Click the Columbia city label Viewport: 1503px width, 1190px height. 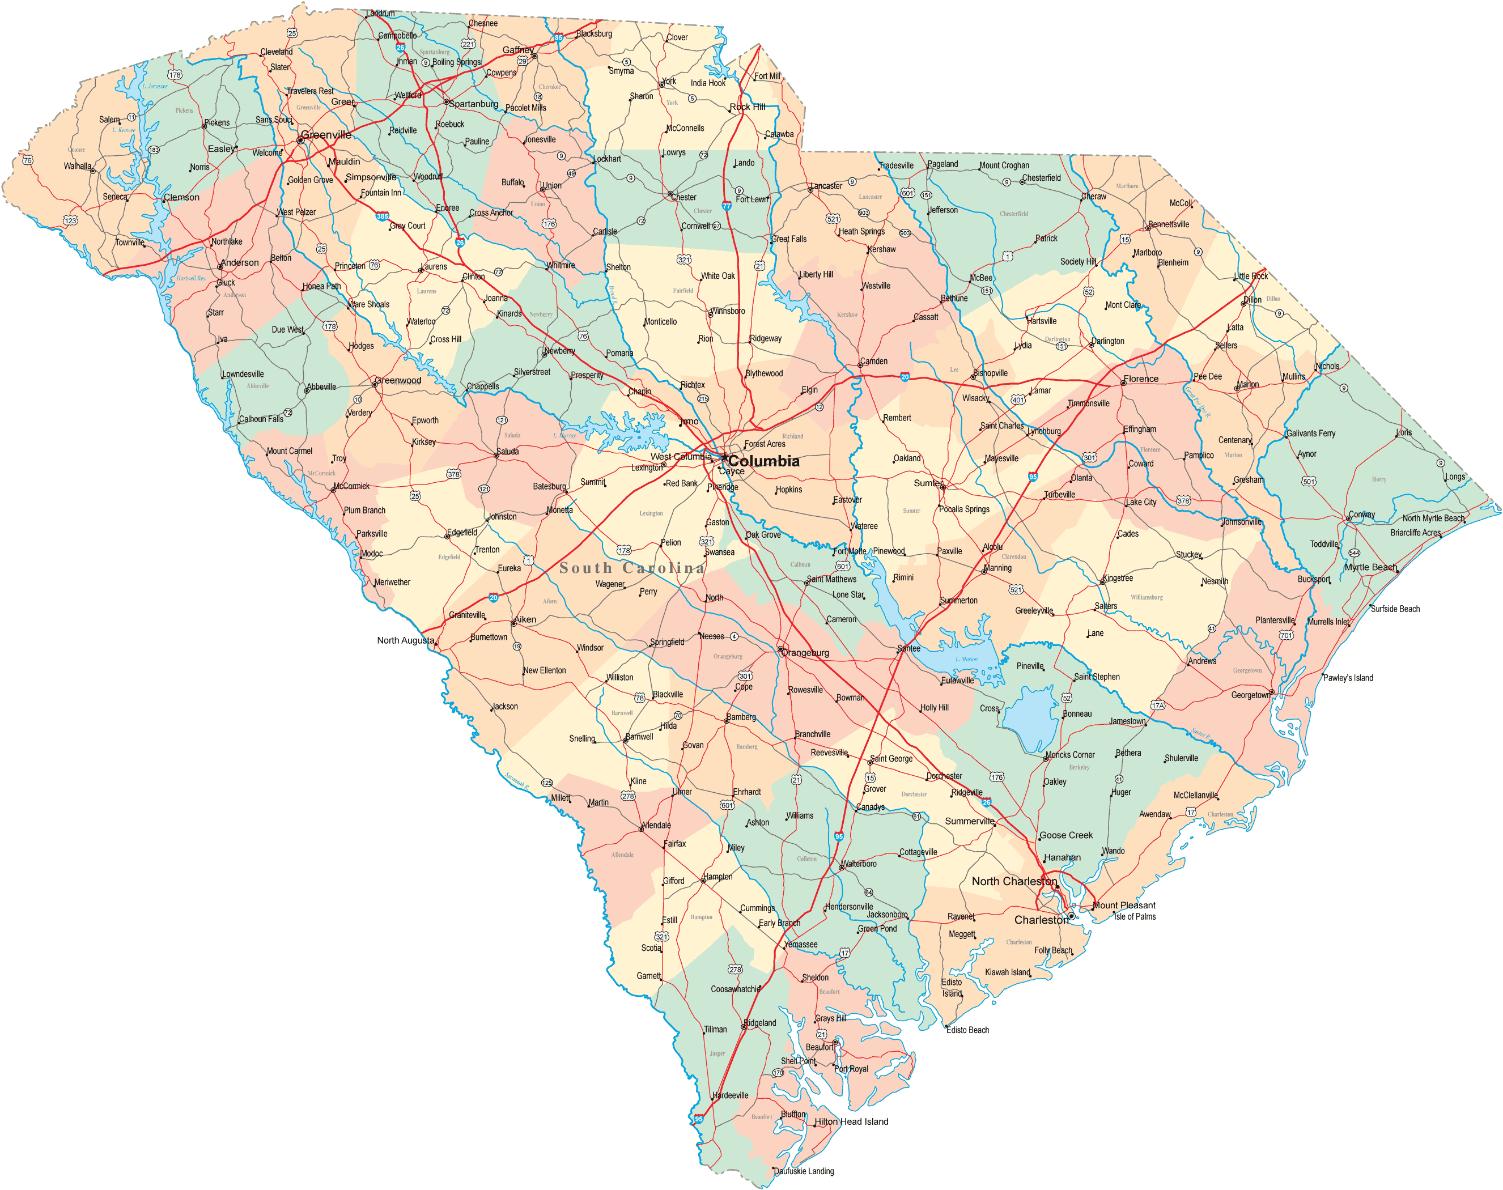click(x=764, y=461)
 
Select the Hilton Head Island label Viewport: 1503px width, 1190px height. click(x=851, y=1122)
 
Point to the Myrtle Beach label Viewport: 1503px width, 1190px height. click(x=1370, y=567)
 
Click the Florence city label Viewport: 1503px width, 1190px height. click(x=1141, y=379)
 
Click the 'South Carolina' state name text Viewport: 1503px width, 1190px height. click(x=631, y=568)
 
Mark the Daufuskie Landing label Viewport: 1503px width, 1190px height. click(x=804, y=1171)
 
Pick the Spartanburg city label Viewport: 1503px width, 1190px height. click(x=473, y=104)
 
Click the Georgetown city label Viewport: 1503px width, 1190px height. click(x=1250, y=695)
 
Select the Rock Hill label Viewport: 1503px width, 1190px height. click(x=747, y=107)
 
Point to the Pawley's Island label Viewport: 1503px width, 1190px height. click(x=1348, y=678)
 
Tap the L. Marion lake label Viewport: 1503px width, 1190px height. click(x=966, y=658)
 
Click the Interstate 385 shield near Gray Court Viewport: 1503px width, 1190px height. click(x=382, y=216)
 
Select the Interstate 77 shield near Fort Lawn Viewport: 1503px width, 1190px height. click(x=726, y=206)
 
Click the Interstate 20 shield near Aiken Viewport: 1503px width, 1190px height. click(x=493, y=598)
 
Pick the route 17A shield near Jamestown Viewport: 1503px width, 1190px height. click(x=1157, y=705)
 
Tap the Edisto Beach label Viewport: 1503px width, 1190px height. click(x=967, y=1030)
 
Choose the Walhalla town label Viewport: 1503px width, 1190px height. click(x=77, y=166)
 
